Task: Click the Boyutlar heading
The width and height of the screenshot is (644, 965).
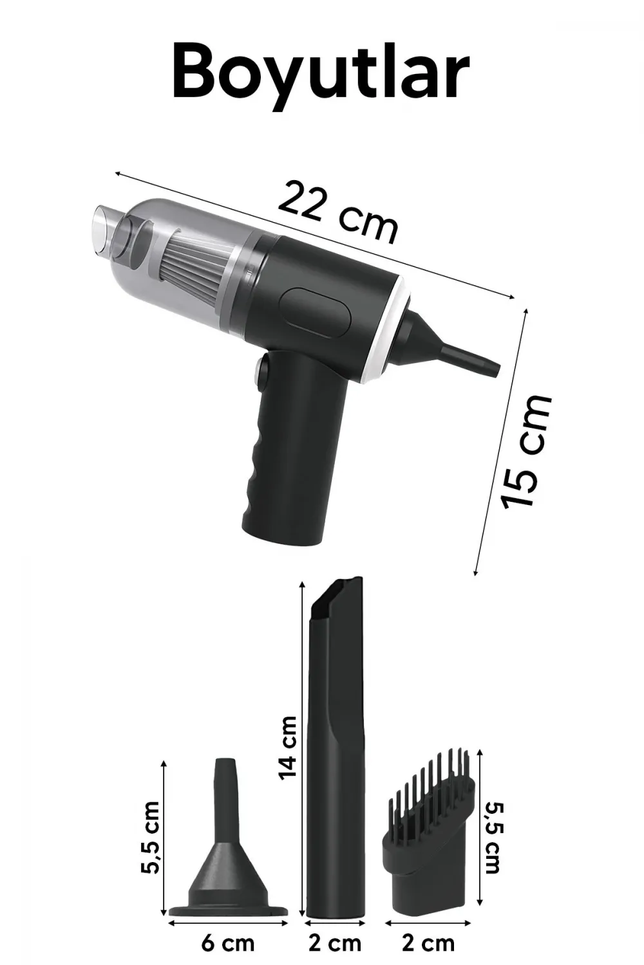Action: click(x=321, y=75)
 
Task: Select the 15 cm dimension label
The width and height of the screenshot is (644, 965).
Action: click(x=526, y=451)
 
